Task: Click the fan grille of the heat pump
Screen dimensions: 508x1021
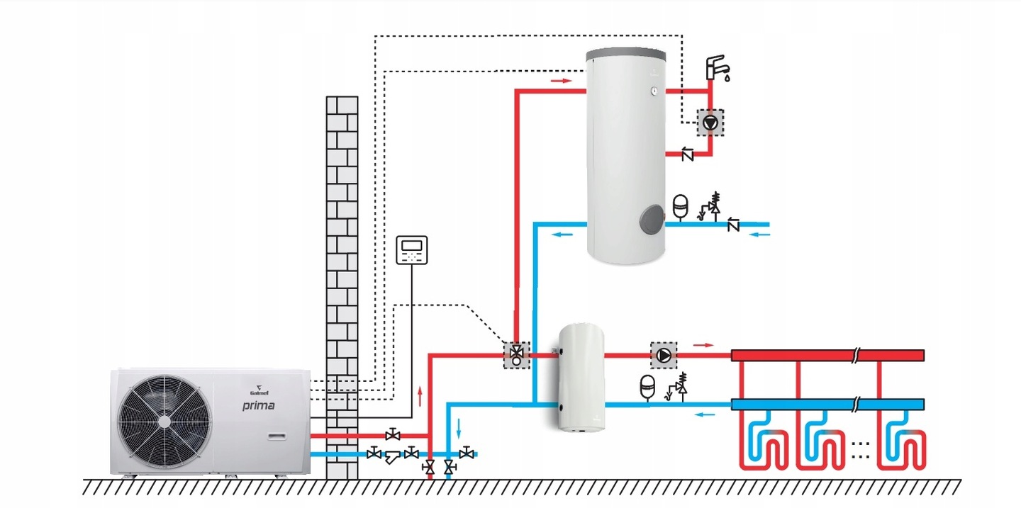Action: coord(164,420)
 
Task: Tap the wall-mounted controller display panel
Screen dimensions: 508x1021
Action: coord(412,249)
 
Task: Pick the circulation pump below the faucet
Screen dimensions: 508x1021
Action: coord(710,123)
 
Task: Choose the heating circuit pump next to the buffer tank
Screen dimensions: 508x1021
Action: coord(664,355)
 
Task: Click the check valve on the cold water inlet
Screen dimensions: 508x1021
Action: coord(733,225)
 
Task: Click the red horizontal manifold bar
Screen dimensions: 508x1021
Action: coord(827,355)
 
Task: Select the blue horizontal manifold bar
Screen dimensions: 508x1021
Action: coord(827,405)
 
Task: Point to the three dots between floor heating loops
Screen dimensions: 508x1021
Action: coord(859,448)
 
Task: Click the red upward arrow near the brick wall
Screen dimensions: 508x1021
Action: coord(420,395)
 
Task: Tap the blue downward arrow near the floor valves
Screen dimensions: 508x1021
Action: coord(459,428)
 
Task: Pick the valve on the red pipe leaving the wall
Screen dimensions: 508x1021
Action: coord(391,434)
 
